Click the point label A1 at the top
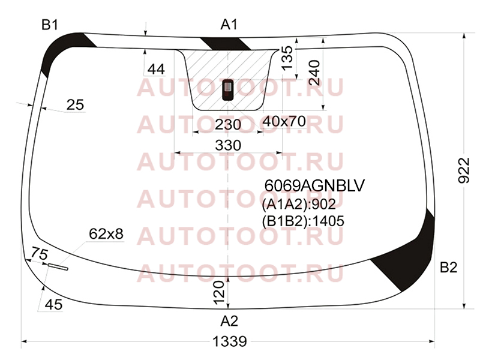click(229, 25)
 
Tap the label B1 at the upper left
click(50, 25)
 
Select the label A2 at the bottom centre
click(229, 321)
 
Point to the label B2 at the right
click(448, 267)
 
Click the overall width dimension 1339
click(230, 341)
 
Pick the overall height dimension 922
click(464, 170)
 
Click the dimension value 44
click(156, 70)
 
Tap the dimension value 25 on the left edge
click(75, 105)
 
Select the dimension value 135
click(287, 58)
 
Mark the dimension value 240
click(314, 73)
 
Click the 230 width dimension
click(228, 125)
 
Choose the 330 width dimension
click(228, 145)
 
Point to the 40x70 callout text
click(284, 122)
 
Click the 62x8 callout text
click(106, 234)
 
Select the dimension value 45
click(53, 305)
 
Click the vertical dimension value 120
click(219, 293)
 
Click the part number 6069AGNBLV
click(314, 185)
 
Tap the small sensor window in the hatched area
click(227, 89)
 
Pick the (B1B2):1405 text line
click(303, 221)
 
